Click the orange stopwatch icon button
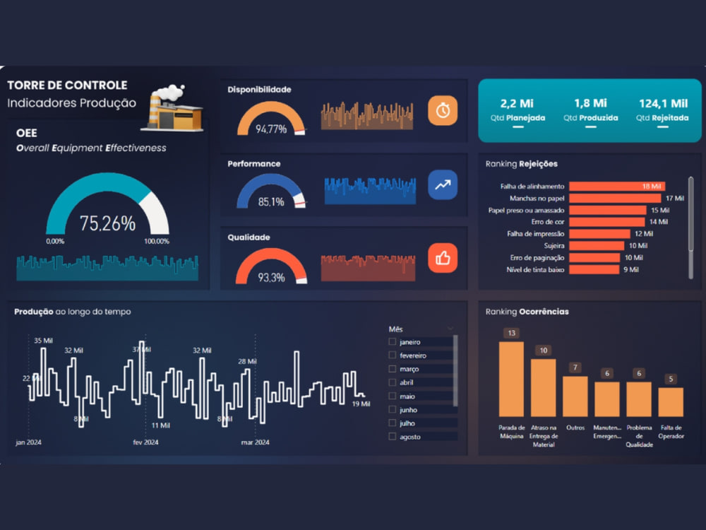coord(443,110)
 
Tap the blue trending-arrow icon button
coord(443,184)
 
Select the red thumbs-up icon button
coord(443,258)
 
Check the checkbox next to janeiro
coord(392,341)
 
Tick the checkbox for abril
coord(392,382)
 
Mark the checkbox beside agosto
coord(392,436)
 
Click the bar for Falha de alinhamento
coord(617,186)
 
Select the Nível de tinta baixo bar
coord(594,269)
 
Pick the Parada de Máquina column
coord(511,379)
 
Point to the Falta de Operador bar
coord(671,401)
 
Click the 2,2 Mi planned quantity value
coord(517,104)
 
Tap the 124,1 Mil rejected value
coord(663,104)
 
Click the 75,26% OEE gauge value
coord(107,223)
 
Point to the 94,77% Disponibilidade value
coord(271,129)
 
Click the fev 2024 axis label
coord(145,442)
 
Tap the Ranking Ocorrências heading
coord(527,312)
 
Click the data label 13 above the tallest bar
coord(511,333)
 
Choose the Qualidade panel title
coord(249,237)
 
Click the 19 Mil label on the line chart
coord(361,404)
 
